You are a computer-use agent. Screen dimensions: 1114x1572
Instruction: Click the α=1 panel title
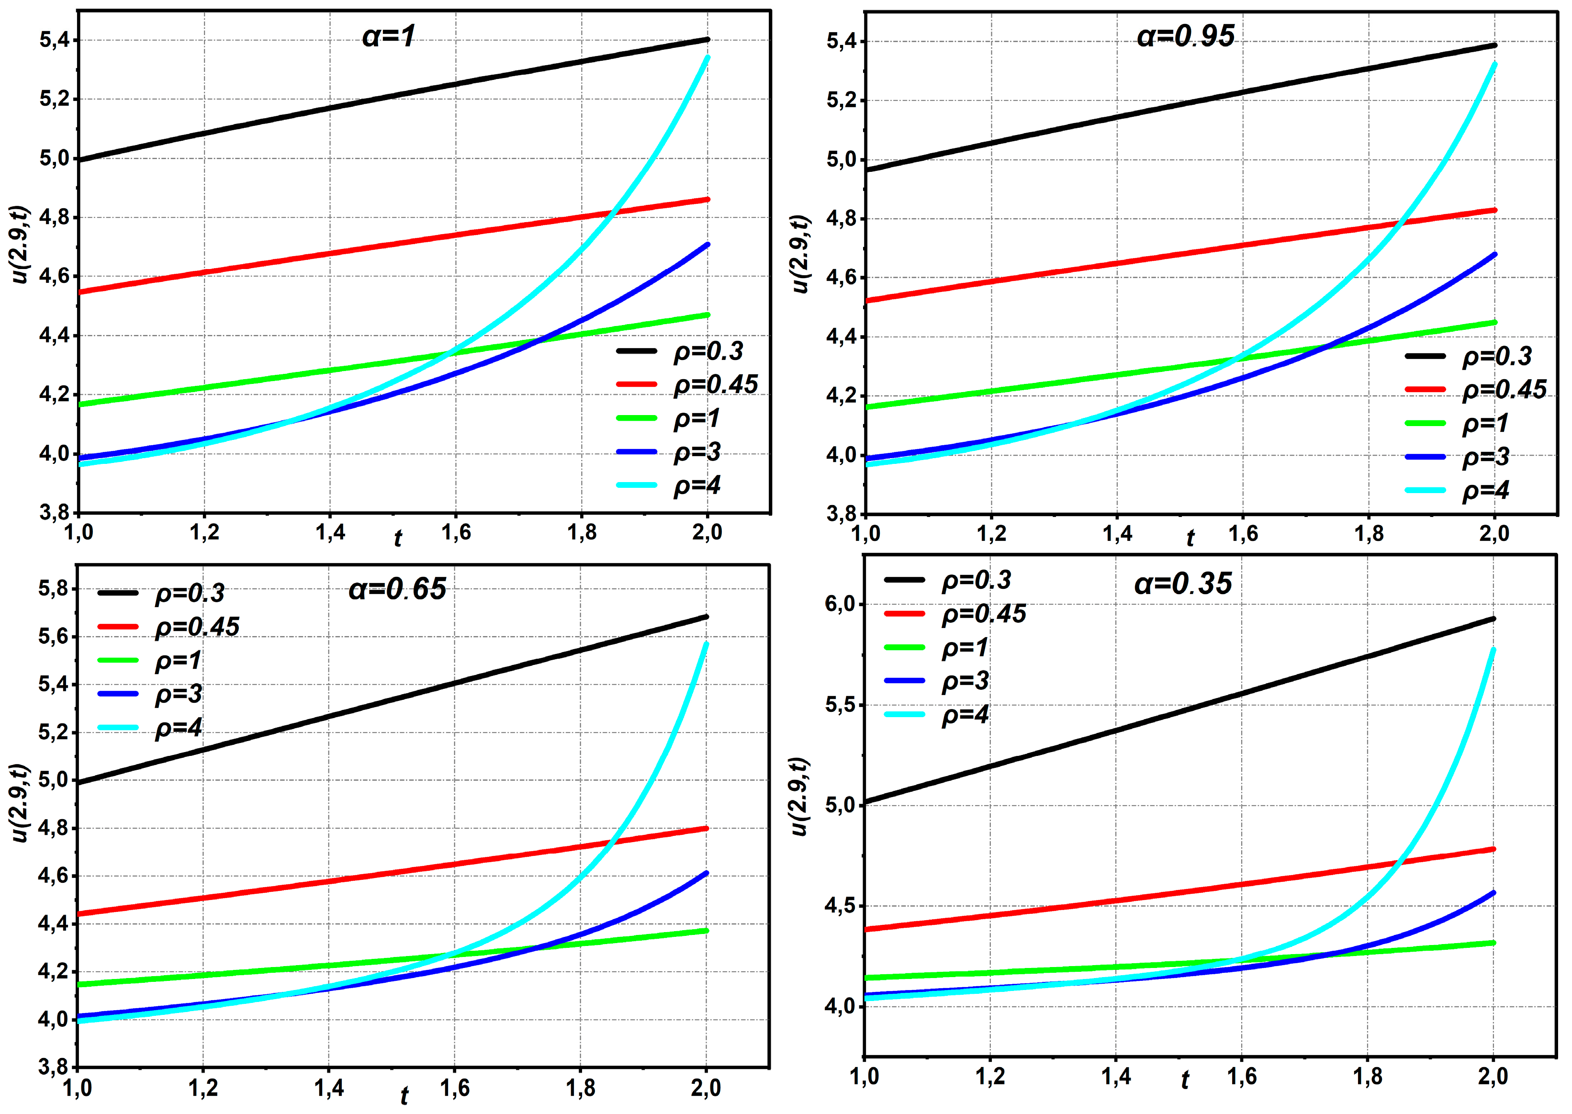(x=389, y=36)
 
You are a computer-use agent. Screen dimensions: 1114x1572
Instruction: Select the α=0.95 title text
(x=1186, y=36)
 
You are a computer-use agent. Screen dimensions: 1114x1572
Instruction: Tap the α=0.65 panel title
(x=397, y=588)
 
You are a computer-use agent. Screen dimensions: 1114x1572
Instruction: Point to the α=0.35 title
(x=1183, y=584)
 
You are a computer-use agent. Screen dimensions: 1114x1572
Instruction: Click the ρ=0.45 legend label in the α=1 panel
(x=715, y=385)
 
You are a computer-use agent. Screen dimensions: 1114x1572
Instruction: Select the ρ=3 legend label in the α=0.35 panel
(x=965, y=681)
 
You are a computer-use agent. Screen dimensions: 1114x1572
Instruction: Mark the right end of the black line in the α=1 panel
(x=707, y=40)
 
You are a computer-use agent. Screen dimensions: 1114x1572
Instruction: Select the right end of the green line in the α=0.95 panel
(x=1494, y=322)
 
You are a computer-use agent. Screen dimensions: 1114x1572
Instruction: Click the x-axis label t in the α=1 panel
(x=398, y=539)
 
